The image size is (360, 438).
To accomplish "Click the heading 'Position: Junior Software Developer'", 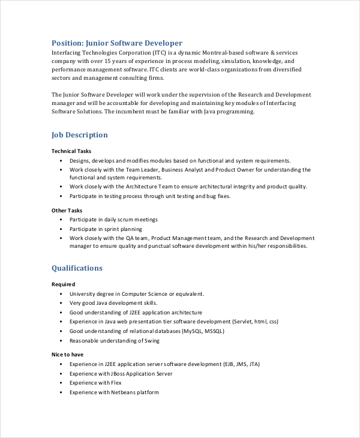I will (x=116, y=43).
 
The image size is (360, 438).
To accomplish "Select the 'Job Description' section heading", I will (x=80, y=135).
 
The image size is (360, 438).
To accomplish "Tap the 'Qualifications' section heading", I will (x=77, y=268).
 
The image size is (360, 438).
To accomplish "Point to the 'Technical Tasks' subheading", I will (x=71, y=151).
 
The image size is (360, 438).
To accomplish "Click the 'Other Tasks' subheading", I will (x=67, y=211).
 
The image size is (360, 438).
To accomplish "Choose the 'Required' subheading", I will (x=64, y=284).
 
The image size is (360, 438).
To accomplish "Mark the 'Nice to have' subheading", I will (x=67, y=355).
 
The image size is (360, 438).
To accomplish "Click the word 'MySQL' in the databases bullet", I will (x=194, y=331).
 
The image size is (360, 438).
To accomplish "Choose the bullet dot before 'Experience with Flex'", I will (x=61, y=383).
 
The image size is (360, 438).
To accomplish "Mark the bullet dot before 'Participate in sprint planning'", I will (x=61, y=229).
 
